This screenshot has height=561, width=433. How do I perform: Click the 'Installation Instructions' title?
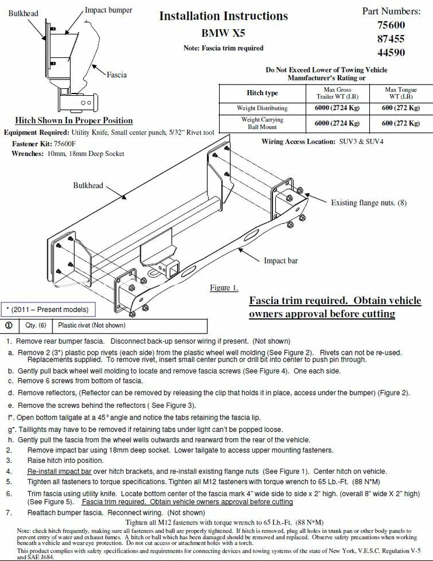click(223, 16)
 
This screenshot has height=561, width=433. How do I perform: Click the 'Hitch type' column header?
click(262, 93)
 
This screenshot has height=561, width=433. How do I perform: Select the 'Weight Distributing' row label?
click(262, 108)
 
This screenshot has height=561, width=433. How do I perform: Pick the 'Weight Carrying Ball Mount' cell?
click(262, 123)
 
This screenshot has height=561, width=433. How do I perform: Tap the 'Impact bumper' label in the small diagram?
click(108, 10)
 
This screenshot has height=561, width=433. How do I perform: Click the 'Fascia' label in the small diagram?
click(116, 75)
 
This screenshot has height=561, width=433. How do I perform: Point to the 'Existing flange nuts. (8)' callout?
click(368, 203)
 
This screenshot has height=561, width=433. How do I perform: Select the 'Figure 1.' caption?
click(224, 288)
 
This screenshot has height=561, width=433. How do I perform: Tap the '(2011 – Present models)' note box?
click(47, 309)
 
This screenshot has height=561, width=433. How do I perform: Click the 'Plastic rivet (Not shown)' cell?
click(91, 325)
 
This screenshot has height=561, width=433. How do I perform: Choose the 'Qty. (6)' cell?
click(34, 325)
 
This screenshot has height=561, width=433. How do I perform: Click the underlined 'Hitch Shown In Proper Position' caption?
click(74, 120)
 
